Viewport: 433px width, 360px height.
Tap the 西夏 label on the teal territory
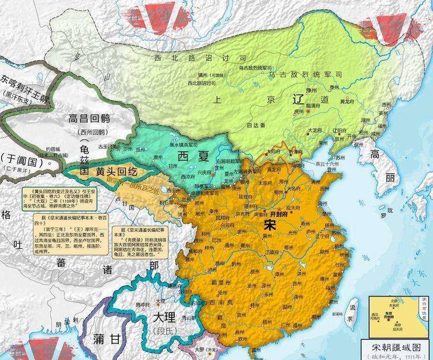pos(191,157)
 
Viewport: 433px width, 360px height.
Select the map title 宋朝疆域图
pos(395,346)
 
